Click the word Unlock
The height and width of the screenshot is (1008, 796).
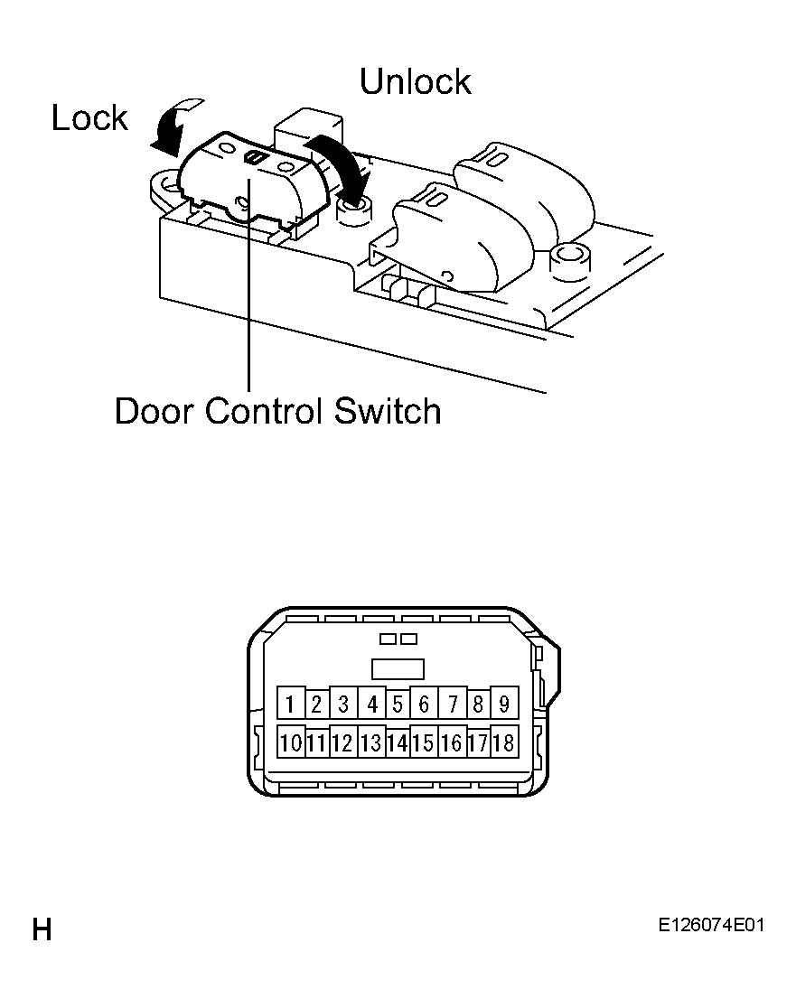(415, 81)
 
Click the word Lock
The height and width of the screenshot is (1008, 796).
(89, 117)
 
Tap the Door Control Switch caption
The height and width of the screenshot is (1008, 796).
(277, 411)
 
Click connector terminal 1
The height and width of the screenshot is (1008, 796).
(291, 704)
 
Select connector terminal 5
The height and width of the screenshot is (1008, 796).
(398, 704)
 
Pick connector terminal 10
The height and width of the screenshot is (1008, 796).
(291, 742)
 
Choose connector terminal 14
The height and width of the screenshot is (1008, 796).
(398, 742)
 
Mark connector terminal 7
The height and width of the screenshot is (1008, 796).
(453, 704)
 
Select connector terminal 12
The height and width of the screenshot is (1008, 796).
(343, 742)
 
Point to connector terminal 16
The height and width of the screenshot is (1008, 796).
(453, 742)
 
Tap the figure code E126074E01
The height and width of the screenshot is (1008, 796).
(711, 925)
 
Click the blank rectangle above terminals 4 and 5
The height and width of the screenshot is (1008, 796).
(398, 668)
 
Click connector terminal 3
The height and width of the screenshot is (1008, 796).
(343, 704)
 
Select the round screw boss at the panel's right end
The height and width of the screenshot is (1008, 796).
(569, 260)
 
